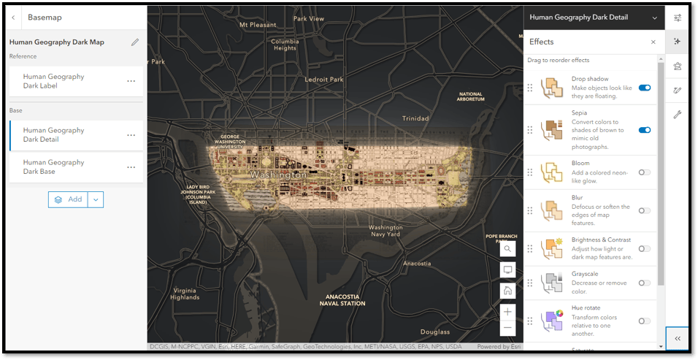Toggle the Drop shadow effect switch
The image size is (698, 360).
pos(644,88)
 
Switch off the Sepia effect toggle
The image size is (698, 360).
pos(644,130)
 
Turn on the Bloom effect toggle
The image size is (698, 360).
pos(644,172)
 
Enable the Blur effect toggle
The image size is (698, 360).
pos(644,210)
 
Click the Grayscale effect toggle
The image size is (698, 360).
pos(644,283)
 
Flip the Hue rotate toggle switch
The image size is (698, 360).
pos(644,321)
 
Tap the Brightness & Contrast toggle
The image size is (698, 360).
pos(644,248)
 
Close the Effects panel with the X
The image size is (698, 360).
pos(653,42)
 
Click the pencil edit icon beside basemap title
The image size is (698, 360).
pos(135,42)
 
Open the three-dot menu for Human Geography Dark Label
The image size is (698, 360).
pos(131,81)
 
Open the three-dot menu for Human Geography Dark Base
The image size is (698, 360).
pos(131,167)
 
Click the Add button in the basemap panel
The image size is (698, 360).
pos(69,199)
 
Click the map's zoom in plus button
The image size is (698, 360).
pos(507,311)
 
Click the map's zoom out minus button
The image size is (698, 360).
pos(507,328)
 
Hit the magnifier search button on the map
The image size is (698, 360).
pos(507,249)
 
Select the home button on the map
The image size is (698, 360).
pos(507,290)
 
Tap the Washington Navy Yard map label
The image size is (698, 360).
pos(386,231)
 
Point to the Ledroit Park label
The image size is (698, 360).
pos(323,79)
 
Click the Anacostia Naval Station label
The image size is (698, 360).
pos(342,299)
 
